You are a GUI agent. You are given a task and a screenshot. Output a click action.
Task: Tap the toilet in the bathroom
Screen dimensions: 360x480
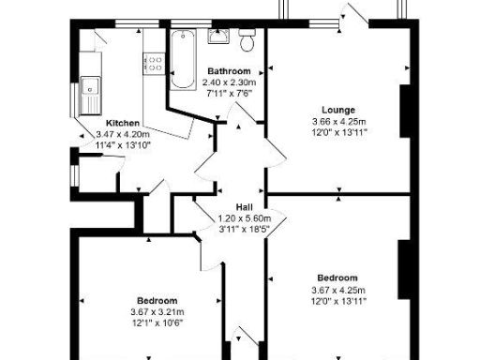click(247, 40)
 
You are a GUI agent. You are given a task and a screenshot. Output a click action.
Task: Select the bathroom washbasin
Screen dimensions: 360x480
click(218, 37)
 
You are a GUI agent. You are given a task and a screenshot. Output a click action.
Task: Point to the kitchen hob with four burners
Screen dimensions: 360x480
click(154, 63)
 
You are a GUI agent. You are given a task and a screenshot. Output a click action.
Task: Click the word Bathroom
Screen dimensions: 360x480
click(229, 71)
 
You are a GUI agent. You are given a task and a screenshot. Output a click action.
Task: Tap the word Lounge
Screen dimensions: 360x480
click(337, 109)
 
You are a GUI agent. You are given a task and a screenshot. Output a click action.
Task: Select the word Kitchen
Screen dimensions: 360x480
click(123, 123)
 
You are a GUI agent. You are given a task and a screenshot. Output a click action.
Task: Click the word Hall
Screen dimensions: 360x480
click(243, 207)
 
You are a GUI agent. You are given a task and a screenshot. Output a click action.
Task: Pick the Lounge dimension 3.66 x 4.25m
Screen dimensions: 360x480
click(337, 121)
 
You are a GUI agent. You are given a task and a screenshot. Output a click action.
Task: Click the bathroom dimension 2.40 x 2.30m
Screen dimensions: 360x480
click(229, 82)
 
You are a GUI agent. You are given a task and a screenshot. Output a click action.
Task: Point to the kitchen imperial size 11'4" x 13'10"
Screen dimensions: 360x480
click(123, 145)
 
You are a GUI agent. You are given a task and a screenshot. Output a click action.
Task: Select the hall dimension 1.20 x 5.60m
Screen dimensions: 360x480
click(243, 218)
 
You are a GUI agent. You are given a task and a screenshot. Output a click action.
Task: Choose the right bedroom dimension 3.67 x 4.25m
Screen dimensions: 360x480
click(337, 290)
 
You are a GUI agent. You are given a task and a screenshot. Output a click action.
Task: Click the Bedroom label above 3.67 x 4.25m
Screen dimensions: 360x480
click(337, 277)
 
